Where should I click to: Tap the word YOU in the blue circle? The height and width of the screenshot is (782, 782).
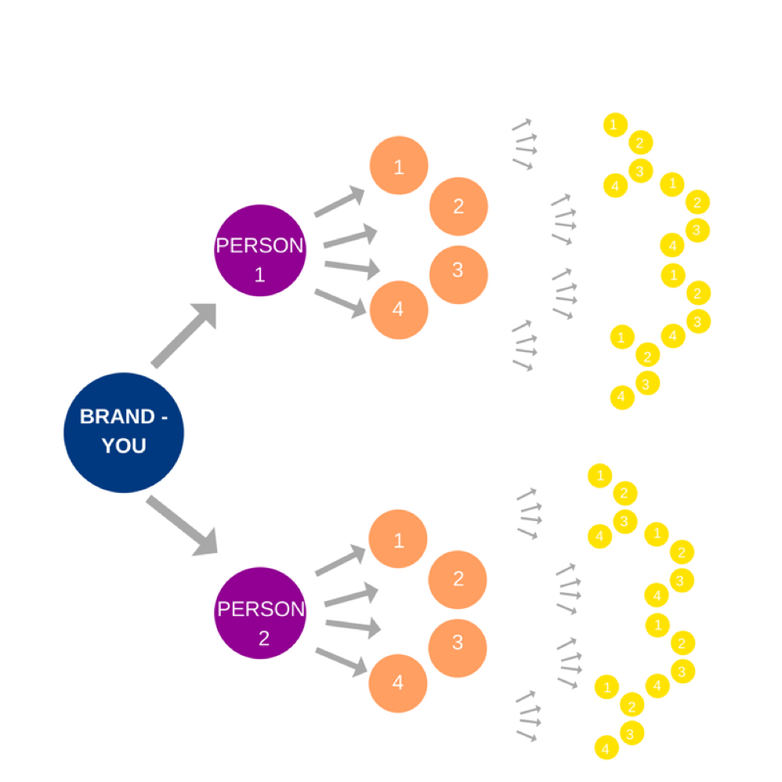click(x=124, y=446)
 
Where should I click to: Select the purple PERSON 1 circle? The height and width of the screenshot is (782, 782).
click(x=259, y=251)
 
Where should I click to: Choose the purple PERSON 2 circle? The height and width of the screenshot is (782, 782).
click(x=259, y=613)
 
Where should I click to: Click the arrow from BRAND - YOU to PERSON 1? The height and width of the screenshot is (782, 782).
click(x=183, y=335)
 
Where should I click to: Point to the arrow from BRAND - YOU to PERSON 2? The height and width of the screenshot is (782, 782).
click(x=182, y=525)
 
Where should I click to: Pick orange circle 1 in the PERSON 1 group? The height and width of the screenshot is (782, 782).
click(x=399, y=166)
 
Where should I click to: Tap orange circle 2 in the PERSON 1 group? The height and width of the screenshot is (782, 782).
click(x=458, y=206)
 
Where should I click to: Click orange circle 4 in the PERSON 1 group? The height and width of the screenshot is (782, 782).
click(x=398, y=310)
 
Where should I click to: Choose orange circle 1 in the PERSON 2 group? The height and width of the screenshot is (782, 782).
click(x=398, y=539)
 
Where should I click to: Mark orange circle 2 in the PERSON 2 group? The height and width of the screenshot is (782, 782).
click(x=458, y=579)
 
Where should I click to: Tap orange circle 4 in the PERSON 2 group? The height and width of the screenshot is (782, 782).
click(x=397, y=682)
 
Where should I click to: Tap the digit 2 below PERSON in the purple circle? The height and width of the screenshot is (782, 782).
click(x=263, y=638)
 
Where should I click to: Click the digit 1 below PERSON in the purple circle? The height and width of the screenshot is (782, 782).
click(x=260, y=275)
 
